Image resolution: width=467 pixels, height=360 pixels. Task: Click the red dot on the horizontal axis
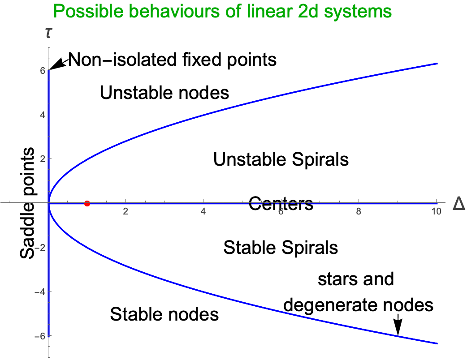pyautogui.click(x=87, y=203)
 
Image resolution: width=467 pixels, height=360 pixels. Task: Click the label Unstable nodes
pyautogui.click(x=164, y=93)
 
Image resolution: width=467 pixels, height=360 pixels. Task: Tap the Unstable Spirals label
pyautogui.click(x=281, y=159)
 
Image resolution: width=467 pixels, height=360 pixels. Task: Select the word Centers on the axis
pyautogui.click(x=281, y=204)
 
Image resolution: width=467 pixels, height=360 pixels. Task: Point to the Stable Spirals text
pyautogui.click(x=281, y=247)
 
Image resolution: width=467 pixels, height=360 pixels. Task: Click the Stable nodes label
pyautogui.click(x=164, y=314)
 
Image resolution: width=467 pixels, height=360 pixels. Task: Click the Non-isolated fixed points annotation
pyautogui.click(x=173, y=59)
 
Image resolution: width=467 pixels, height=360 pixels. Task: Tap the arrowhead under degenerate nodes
pyautogui.click(x=398, y=329)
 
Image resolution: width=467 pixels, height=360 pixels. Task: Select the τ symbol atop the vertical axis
pyautogui.click(x=48, y=33)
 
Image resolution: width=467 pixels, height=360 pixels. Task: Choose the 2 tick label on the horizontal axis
pyautogui.click(x=126, y=212)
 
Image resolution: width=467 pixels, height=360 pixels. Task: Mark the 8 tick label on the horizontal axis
pyautogui.click(x=358, y=212)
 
